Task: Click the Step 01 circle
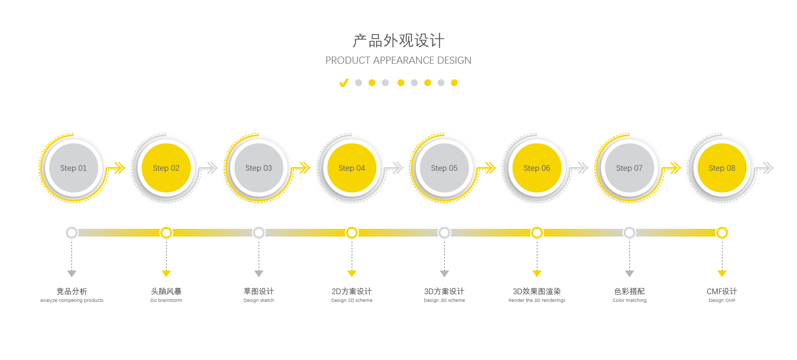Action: pyautogui.click(x=73, y=168)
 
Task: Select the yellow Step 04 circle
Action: pyautogui.click(x=352, y=168)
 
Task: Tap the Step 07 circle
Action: pyautogui.click(x=629, y=168)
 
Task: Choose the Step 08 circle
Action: pyautogui.click(x=722, y=168)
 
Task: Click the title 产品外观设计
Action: pyautogui.click(x=398, y=41)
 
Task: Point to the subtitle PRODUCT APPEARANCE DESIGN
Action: pyautogui.click(x=398, y=60)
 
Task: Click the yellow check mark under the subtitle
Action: pyautogui.click(x=344, y=83)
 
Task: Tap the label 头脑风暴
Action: pyautogui.click(x=166, y=292)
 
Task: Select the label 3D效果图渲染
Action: pyautogui.click(x=537, y=292)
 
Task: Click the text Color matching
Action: pyautogui.click(x=629, y=300)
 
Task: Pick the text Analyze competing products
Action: pyautogui.click(x=71, y=300)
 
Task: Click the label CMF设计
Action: pyautogui.click(x=722, y=292)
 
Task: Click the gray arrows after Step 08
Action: pyautogui.click(x=766, y=168)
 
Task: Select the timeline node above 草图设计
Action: pyautogui.click(x=259, y=233)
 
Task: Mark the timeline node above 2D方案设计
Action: pyautogui.click(x=352, y=233)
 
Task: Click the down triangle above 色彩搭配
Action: pyautogui.click(x=629, y=274)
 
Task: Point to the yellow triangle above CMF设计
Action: pyautogui.click(x=722, y=274)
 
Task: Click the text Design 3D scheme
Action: pyautogui.click(x=444, y=300)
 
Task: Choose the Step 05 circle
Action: pyautogui.click(x=444, y=168)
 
